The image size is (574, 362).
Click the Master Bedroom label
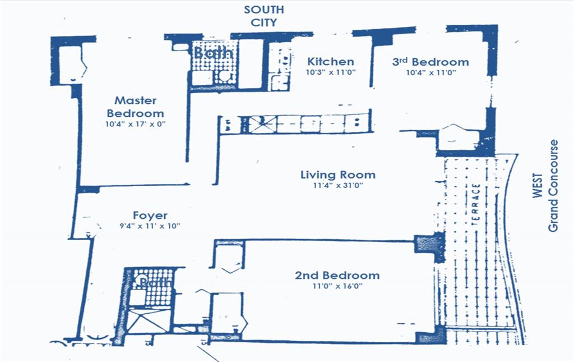click(136, 107)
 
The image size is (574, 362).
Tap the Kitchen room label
click(331, 62)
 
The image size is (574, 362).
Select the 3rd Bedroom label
click(430, 62)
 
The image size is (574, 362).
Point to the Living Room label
click(338, 175)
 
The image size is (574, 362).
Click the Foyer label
click(150, 216)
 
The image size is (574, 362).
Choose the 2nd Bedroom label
click(337, 275)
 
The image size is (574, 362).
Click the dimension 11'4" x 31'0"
click(338, 185)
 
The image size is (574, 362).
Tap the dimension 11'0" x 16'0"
click(337, 286)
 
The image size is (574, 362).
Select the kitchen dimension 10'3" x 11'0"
click(331, 72)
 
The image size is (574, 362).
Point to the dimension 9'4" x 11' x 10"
click(150, 226)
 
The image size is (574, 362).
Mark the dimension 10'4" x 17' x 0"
click(136, 124)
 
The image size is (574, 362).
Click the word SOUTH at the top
click(264, 10)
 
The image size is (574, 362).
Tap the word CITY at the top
click(263, 22)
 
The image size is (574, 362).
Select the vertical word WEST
click(538, 186)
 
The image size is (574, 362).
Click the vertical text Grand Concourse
click(553, 186)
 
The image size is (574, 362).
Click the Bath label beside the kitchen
click(214, 53)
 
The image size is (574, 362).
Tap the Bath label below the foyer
click(155, 282)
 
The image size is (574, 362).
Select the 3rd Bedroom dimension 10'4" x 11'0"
click(431, 72)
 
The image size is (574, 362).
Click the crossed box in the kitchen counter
click(263, 124)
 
